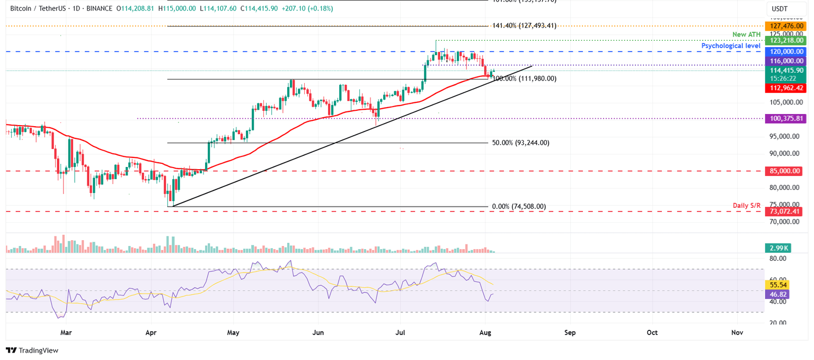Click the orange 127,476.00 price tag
click(783, 26)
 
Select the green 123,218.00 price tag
click(783, 40)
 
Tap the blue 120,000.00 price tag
click(783, 51)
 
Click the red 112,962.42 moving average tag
click(783, 88)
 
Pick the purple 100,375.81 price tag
click(783, 119)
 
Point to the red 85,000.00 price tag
click(783, 171)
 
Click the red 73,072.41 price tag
click(783, 212)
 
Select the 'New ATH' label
click(746, 34)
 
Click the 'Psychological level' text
click(731, 46)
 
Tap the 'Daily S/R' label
click(746, 205)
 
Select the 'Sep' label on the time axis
click(570, 333)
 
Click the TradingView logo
click(32, 350)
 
